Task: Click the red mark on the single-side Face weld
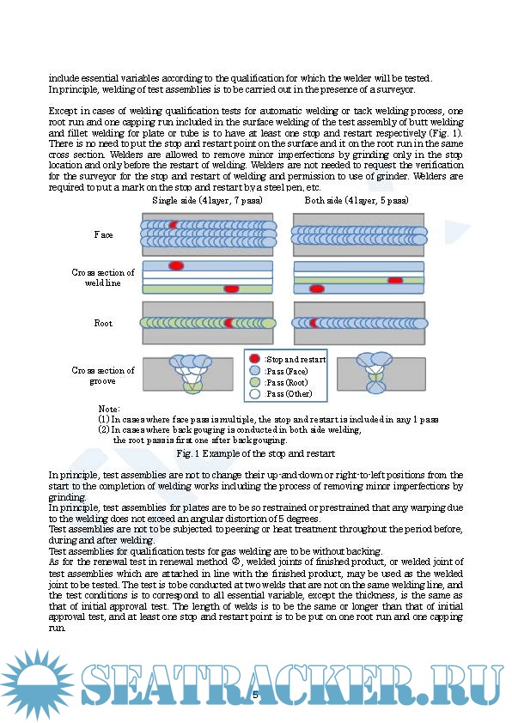pyautogui.click(x=173, y=225)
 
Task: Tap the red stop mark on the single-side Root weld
pyautogui.click(x=229, y=323)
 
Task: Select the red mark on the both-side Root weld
pyautogui.click(x=314, y=323)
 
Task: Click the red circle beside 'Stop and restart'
pyautogui.click(x=254, y=359)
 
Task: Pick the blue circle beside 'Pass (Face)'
pyautogui.click(x=254, y=370)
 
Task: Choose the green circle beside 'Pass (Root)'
pyautogui.click(x=254, y=382)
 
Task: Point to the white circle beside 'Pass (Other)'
pyautogui.click(x=254, y=393)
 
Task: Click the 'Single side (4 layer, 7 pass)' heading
pyautogui.click(x=207, y=201)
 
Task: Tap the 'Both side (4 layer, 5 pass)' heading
pyautogui.click(x=357, y=201)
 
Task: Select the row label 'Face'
pyautogui.click(x=103, y=234)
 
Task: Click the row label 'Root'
pyautogui.click(x=103, y=323)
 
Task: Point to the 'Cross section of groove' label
pyautogui.click(x=103, y=375)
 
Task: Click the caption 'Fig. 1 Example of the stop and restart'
pyautogui.click(x=255, y=453)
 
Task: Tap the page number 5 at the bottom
pyautogui.click(x=255, y=695)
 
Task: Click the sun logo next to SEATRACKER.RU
pyautogui.click(x=37, y=684)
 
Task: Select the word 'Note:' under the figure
pyautogui.click(x=109, y=409)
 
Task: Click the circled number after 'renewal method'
pyautogui.click(x=236, y=562)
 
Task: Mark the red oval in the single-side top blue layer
pyautogui.click(x=176, y=265)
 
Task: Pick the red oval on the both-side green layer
pyautogui.click(x=395, y=280)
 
